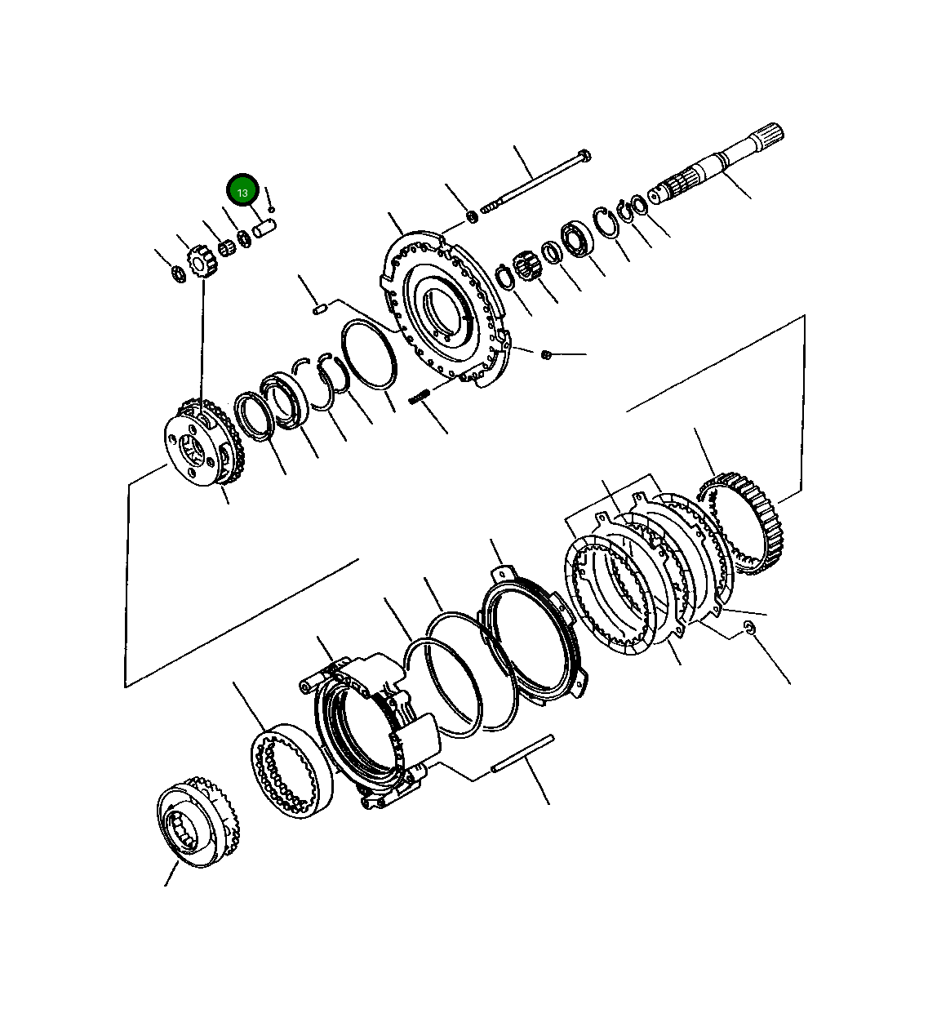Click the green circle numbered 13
[242, 190]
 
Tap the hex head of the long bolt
[584, 155]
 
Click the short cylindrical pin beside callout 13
[265, 229]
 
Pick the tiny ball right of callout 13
[272, 209]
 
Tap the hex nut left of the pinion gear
[179, 274]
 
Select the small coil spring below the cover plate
[420, 396]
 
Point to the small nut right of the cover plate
[547, 355]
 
